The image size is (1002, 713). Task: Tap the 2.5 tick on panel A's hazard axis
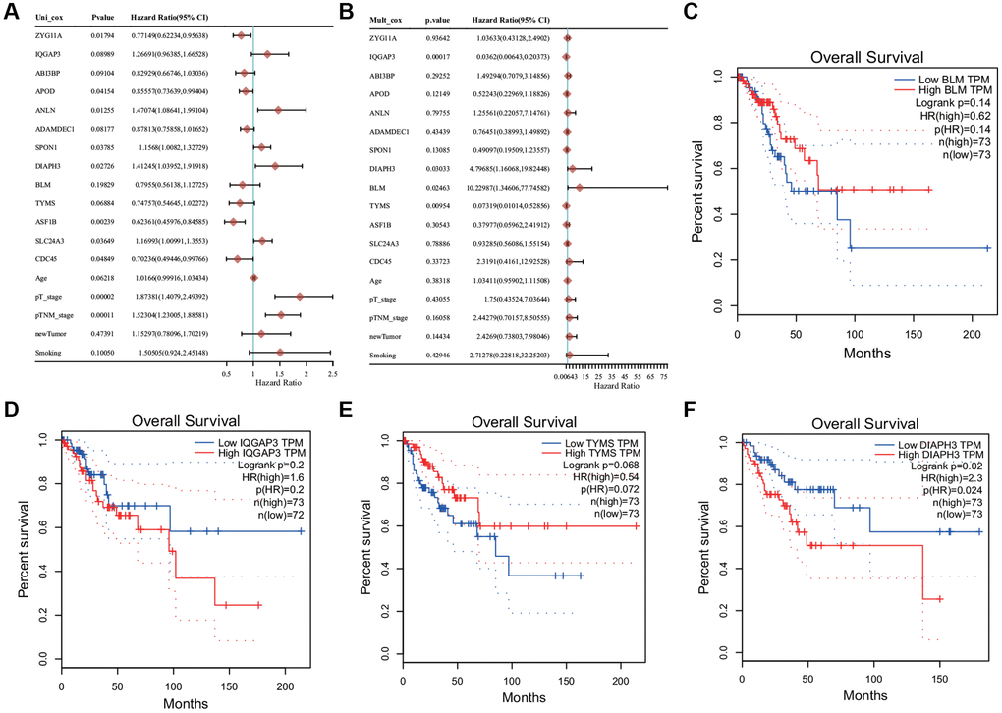click(333, 373)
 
